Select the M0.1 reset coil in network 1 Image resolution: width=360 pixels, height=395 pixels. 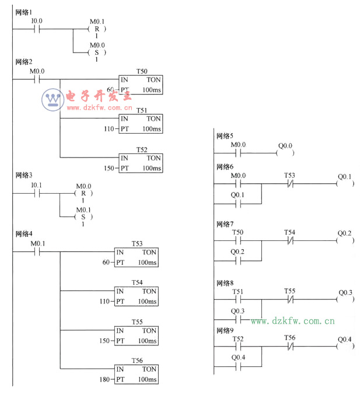[97, 29]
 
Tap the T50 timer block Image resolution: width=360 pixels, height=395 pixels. [141, 85]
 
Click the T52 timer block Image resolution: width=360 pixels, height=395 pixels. [141, 163]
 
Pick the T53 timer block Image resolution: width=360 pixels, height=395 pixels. [137, 257]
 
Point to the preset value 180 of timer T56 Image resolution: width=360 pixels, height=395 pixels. [104, 380]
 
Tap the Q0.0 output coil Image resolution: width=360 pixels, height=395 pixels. [285, 154]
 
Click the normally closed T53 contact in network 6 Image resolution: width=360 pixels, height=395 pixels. [289, 184]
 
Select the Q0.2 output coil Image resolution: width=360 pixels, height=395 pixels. [345, 242]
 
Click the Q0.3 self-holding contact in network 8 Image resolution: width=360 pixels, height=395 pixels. [237, 320]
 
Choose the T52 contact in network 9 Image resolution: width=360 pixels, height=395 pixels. [237, 348]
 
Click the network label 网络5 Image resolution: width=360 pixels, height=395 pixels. [224, 136]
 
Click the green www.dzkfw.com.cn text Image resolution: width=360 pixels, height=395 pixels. [293, 321]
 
